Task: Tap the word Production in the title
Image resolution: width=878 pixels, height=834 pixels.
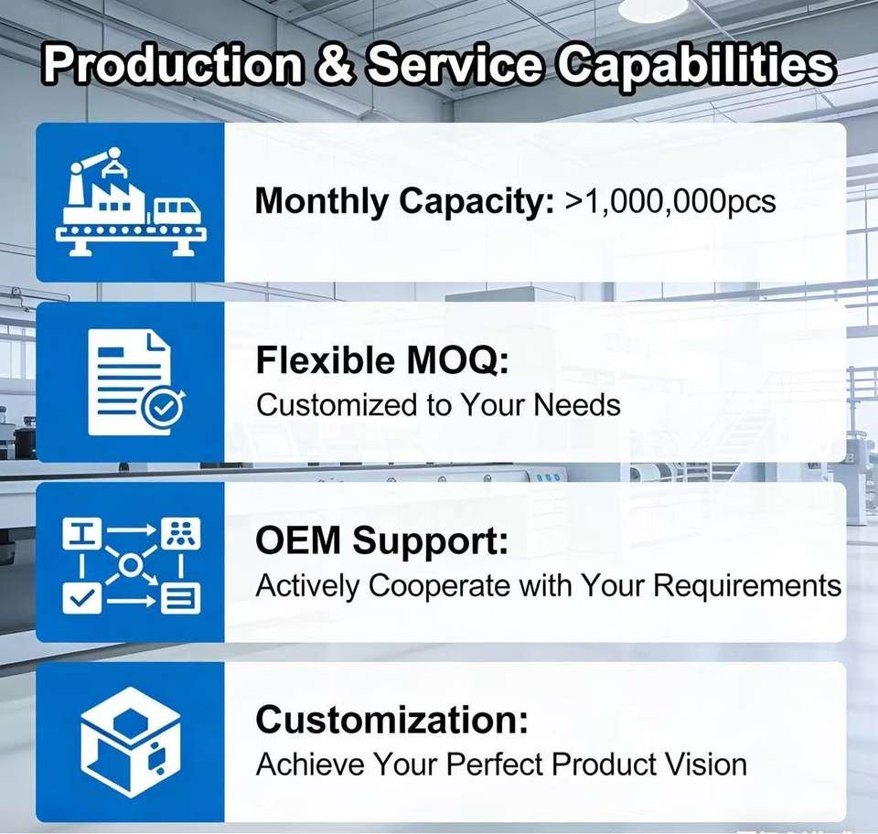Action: [173, 64]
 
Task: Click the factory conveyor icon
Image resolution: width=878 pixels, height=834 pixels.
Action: [131, 201]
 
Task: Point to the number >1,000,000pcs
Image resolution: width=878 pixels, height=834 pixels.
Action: [670, 202]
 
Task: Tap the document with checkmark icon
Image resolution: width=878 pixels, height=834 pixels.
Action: [135, 383]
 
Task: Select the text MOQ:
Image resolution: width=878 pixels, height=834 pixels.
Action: [457, 360]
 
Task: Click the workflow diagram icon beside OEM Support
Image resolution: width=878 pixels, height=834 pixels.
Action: [131, 565]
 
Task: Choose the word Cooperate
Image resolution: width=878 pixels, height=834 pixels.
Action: [440, 586]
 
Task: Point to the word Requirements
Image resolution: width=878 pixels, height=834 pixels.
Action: [747, 586]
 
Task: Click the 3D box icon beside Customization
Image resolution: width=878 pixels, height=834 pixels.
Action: [131, 743]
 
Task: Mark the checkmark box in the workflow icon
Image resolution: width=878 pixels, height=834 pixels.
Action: [81, 598]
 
